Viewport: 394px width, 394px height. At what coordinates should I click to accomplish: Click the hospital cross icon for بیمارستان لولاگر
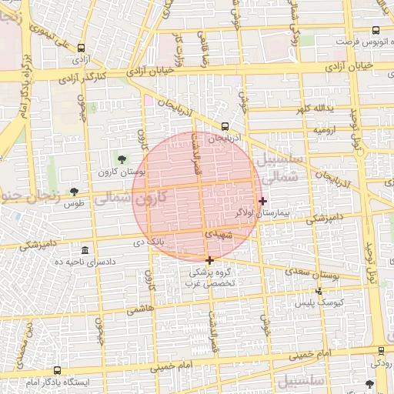[263, 201]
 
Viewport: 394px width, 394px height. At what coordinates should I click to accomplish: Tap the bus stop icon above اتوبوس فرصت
[375, 32]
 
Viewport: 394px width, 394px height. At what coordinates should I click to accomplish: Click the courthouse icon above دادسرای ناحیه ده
[85, 251]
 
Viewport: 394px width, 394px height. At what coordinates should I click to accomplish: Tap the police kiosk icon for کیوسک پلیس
[319, 291]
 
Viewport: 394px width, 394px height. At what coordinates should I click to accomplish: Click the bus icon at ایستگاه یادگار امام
[58, 370]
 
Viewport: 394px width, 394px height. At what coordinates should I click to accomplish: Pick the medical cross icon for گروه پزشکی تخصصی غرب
[209, 260]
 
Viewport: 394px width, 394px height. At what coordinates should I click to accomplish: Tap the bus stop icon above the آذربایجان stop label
[225, 125]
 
